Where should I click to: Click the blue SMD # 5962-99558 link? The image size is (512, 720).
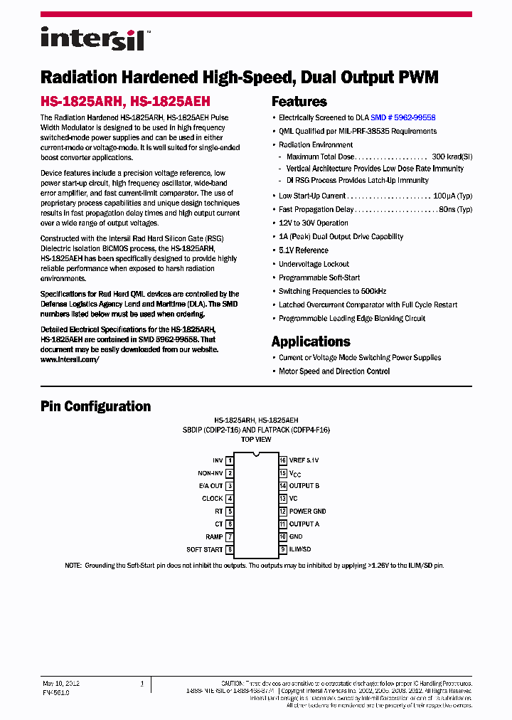402,117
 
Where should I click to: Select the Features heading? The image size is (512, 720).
299,101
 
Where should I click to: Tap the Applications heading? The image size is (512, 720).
311,341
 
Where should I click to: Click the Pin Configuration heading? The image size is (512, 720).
95,406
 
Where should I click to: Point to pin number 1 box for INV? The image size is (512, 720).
230,460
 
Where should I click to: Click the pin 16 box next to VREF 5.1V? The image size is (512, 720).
282,460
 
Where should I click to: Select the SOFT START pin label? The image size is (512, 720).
204,549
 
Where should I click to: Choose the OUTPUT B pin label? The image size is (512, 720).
304,486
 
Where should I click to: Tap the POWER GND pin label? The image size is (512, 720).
307,512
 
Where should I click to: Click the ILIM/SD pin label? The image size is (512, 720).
300,549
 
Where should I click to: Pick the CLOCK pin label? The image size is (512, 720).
212,499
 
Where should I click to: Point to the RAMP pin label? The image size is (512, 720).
214,537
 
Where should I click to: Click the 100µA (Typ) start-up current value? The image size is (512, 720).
452,196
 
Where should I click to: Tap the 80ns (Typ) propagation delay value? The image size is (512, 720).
455,209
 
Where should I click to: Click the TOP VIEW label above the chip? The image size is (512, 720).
256,440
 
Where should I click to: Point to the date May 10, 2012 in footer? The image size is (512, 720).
61,683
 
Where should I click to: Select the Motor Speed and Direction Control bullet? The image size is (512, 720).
334,371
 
